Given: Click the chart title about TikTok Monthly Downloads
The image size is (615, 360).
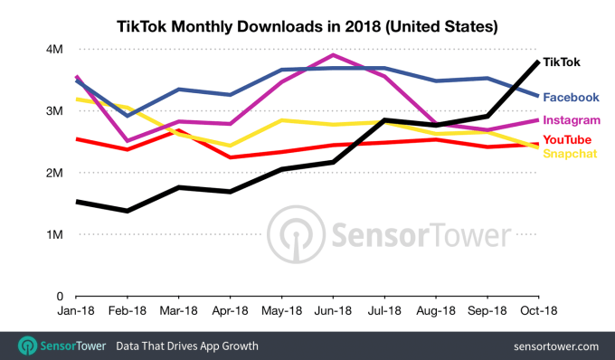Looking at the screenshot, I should (x=307, y=28).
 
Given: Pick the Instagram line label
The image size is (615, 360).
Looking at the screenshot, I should (x=572, y=119).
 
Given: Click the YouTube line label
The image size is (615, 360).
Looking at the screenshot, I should (x=567, y=139).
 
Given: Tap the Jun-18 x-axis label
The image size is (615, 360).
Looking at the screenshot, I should (x=333, y=310).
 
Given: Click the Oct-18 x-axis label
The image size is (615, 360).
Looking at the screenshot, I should (x=538, y=310).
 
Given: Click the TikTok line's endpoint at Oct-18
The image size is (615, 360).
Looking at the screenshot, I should (x=538, y=62).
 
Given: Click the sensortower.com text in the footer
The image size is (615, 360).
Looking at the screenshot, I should (x=555, y=346).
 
